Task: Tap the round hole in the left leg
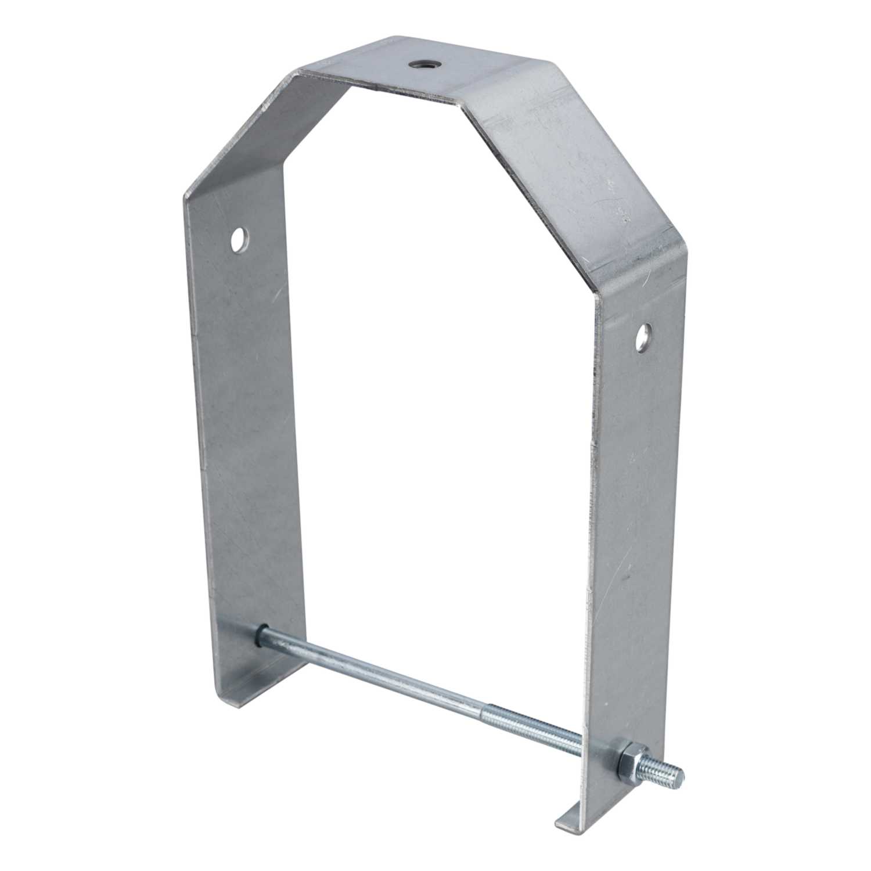pyautogui.click(x=238, y=238)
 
